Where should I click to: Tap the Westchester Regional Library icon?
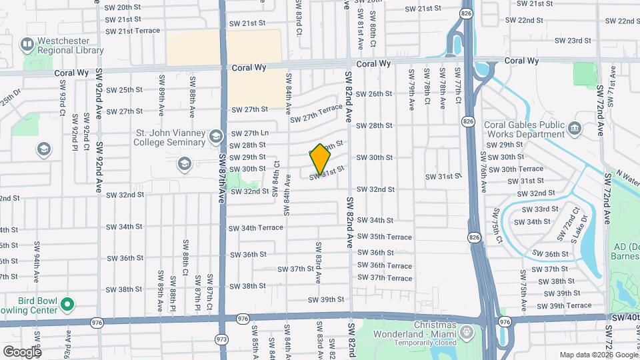click(x=27, y=45)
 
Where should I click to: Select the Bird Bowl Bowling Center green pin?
click(x=67, y=305)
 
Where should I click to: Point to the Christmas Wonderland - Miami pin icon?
click(x=466, y=331)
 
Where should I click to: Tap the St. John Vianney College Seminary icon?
click(x=215, y=137)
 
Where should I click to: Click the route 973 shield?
click(x=221, y=339)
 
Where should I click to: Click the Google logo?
click(x=22, y=352)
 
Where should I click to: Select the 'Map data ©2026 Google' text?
click(x=598, y=355)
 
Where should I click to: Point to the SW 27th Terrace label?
click(x=316, y=113)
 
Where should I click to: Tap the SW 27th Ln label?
click(x=251, y=133)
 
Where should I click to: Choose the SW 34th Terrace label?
click(x=256, y=228)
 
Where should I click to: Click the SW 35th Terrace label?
click(x=384, y=237)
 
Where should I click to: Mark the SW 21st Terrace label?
click(x=133, y=31)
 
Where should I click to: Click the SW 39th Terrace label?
click(x=564, y=305)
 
